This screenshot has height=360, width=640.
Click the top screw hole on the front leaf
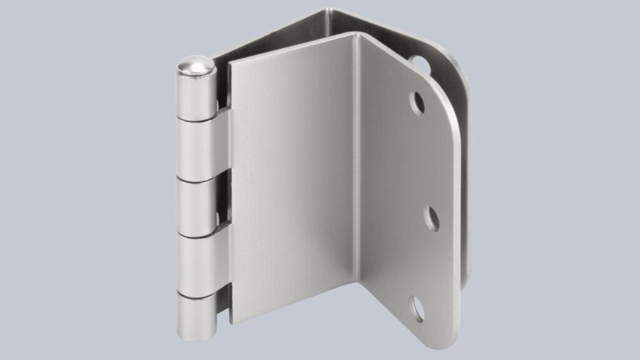(417, 102)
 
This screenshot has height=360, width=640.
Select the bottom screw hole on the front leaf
(416, 309)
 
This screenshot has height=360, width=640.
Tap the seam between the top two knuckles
(196, 119)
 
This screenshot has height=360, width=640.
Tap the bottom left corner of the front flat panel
(232, 322)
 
